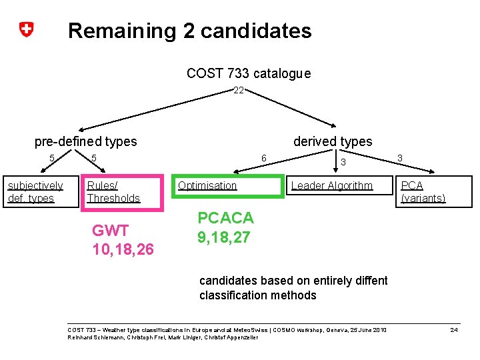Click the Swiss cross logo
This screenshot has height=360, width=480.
26,29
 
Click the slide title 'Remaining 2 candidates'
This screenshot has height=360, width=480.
189,31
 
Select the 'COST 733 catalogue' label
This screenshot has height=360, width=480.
248,73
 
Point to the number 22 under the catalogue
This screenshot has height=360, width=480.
239,90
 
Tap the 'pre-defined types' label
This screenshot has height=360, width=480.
85,141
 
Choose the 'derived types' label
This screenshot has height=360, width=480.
333,141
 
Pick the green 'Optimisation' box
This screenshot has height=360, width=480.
229,186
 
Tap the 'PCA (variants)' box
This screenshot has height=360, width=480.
433,191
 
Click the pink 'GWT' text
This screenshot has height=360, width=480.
110,231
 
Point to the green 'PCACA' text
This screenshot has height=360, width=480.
225,218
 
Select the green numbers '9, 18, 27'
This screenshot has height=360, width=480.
223,237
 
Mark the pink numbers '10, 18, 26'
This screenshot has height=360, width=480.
123,250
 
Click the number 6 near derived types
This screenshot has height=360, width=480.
264,158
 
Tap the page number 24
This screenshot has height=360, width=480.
454,330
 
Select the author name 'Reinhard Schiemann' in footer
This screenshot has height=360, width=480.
93,337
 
